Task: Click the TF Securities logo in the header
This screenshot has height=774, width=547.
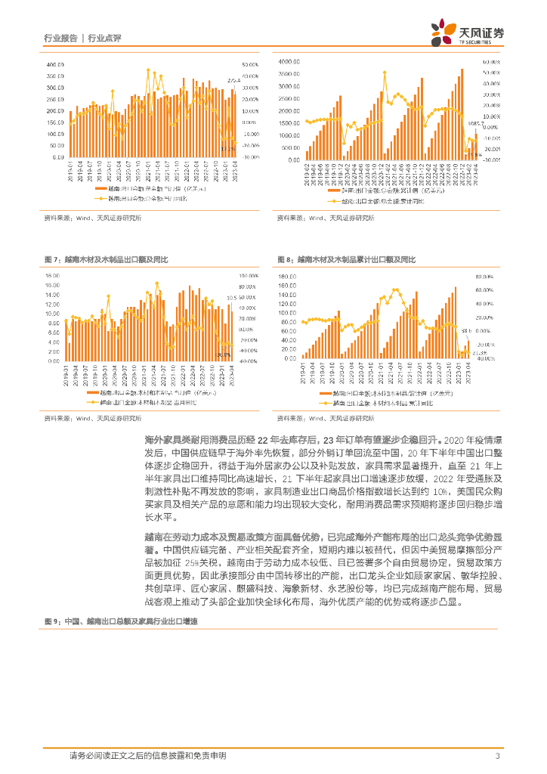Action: click(x=467, y=33)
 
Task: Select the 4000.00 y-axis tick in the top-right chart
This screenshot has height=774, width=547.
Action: click(x=290, y=61)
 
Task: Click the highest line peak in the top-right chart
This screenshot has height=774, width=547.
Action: click(x=385, y=73)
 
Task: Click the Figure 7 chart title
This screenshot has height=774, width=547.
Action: click(x=107, y=259)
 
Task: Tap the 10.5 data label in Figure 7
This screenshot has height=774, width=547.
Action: click(x=232, y=298)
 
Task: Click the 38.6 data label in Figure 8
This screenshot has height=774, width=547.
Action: click(x=466, y=331)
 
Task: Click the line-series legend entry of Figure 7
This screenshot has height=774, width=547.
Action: click(x=147, y=402)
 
